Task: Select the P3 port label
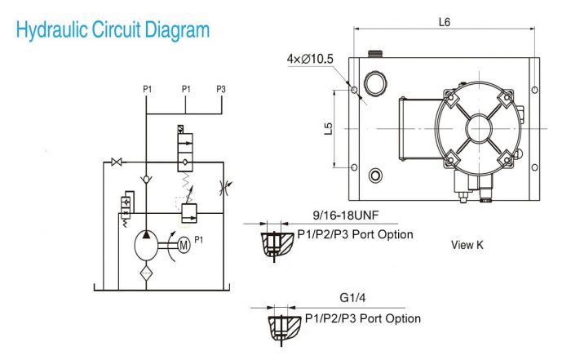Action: click(221, 88)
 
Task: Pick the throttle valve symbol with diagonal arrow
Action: click(224, 187)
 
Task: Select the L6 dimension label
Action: click(445, 22)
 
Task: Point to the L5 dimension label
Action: click(328, 128)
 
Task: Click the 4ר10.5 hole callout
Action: click(310, 59)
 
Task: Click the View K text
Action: click(467, 244)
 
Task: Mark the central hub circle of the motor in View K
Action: click(476, 129)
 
